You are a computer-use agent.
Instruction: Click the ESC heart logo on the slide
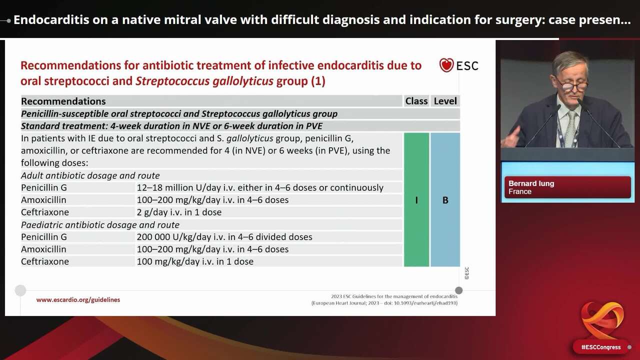(x=446, y=65)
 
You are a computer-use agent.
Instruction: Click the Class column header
(x=416, y=101)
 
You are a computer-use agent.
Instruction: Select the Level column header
(x=445, y=101)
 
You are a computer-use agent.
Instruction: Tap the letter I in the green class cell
(x=416, y=200)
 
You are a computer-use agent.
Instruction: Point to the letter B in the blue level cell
(x=445, y=200)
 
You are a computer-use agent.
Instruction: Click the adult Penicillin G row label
(x=44, y=188)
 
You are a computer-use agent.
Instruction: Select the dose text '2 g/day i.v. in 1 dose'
(x=179, y=212)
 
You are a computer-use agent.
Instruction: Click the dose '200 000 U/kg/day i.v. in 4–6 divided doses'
(x=224, y=237)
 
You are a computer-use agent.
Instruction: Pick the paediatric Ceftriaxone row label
(x=45, y=261)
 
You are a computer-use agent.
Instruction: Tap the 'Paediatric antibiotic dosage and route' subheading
(x=100, y=225)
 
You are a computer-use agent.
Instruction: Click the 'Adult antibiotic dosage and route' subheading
(x=90, y=176)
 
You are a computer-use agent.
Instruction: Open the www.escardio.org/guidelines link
(x=78, y=300)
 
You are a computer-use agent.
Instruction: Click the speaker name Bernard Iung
(x=531, y=183)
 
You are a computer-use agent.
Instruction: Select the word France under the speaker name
(x=520, y=191)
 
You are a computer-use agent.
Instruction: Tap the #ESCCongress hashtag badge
(x=600, y=347)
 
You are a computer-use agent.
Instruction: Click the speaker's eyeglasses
(x=573, y=86)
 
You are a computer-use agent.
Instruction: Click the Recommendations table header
(x=63, y=101)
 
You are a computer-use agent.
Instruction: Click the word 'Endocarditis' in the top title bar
(x=47, y=20)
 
